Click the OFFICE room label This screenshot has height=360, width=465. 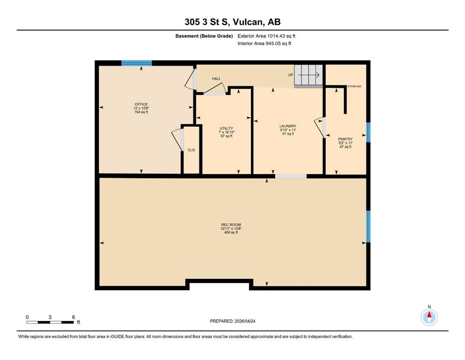[x=141, y=104]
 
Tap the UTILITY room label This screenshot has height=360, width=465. [x=226, y=128]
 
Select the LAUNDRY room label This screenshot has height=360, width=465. [x=288, y=126]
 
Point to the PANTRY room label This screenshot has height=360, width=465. [x=346, y=139]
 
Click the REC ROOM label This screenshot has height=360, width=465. [x=231, y=225]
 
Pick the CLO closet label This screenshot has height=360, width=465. [x=191, y=150]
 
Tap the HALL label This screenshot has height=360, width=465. [x=216, y=79]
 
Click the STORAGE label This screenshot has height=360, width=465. [x=354, y=86]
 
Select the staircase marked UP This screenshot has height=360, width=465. [x=309, y=76]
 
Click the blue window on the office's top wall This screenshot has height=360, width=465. [x=137, y=63]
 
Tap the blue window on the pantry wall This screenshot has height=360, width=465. [x=369, y=132]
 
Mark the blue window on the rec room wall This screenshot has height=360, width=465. [x=369, y=226]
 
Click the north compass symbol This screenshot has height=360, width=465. [x=429, y=317]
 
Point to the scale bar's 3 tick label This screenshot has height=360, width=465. [x=50, y=317]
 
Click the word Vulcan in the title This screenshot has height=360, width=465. [x=248, y=22]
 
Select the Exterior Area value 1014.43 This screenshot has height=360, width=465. [x=276, y=36]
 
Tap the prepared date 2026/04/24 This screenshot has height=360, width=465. [x=245, y=321]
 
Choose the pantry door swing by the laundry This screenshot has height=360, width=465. [x=320, y=127]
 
